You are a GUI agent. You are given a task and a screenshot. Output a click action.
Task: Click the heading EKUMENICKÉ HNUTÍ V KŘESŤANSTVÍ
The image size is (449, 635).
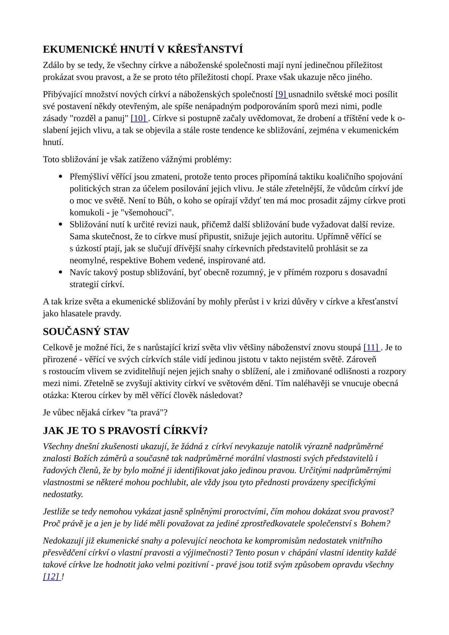click(x=143, y=49)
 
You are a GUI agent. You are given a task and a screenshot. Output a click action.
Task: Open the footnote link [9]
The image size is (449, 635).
click(x=281, y=94)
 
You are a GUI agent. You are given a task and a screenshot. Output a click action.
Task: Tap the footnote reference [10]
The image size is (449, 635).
click(x=138, y=118)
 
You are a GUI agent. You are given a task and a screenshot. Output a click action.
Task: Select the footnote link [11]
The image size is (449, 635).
click(x=371, y=347)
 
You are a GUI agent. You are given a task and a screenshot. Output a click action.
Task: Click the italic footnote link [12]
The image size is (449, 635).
click(x=51, y=577)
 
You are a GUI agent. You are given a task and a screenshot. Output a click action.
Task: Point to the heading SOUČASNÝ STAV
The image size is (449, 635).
click(x=86, y=332)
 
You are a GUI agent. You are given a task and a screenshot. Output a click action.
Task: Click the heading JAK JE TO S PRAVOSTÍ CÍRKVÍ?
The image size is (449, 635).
click(x=125, y=431)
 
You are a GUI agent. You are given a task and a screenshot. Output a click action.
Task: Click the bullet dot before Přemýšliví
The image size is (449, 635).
click(x=60, y=177)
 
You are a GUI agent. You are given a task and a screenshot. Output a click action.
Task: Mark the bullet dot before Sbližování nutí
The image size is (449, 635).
click(x=60, y=224)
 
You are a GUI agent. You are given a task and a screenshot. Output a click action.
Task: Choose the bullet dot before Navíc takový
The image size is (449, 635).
click(x=60, y=272)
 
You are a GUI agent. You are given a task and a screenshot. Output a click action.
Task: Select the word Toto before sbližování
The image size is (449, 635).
click(x=51, y=160)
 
